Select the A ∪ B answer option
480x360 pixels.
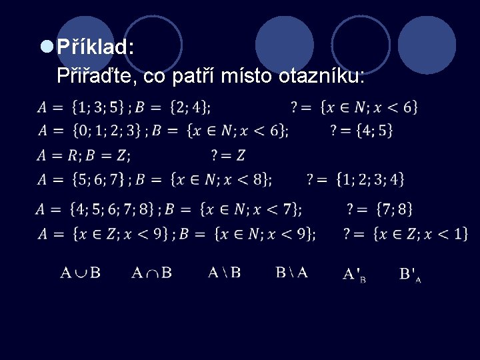(x=81, y=272)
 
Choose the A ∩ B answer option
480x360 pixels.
(x=151, y=272)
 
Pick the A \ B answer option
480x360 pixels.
(x=224, y=272)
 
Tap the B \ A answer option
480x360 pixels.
(x=292, y=272)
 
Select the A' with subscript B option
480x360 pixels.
(x=354, y=274)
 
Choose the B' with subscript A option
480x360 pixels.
(x=409, y=274)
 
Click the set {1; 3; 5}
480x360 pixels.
(x=99, y=107)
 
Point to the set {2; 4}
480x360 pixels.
(x=190, y=107)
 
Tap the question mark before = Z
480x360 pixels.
(x=215, y=155)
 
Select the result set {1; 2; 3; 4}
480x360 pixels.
(x=370, y=179)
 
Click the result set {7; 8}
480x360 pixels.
(x=394, y=209)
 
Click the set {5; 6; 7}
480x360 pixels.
(x=99, y=179)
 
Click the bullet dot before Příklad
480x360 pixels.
(x=47, y=47)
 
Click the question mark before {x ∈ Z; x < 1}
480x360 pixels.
(x=347, y=233)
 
